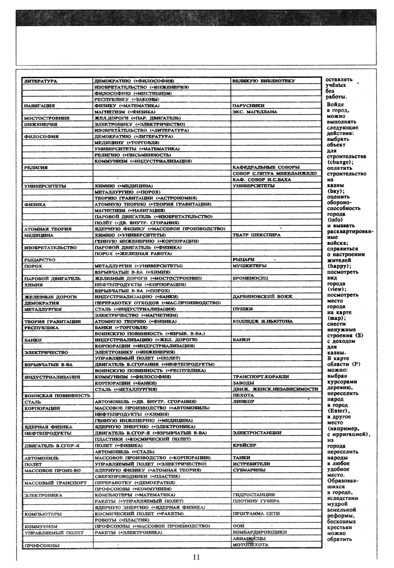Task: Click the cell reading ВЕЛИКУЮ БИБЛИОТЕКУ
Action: click(263, 81)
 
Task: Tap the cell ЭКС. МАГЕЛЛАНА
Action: click(255, 112)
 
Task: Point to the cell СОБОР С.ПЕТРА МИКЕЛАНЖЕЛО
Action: click(274, 173)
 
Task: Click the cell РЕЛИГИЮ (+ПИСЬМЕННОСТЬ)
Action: click(133, 155)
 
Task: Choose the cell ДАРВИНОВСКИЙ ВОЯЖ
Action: click(262, 296)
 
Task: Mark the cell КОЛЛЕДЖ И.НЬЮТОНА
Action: click(262, 321)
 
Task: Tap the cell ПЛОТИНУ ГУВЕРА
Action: click(256, 501)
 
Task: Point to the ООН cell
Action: click(239, 526)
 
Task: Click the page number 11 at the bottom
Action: click(196, 557)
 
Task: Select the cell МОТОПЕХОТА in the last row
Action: click(251, 545)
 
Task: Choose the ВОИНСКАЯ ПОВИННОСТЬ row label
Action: click(57, 396)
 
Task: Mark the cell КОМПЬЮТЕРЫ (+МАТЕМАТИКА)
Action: click(135, 495)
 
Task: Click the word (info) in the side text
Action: click(335, 220)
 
